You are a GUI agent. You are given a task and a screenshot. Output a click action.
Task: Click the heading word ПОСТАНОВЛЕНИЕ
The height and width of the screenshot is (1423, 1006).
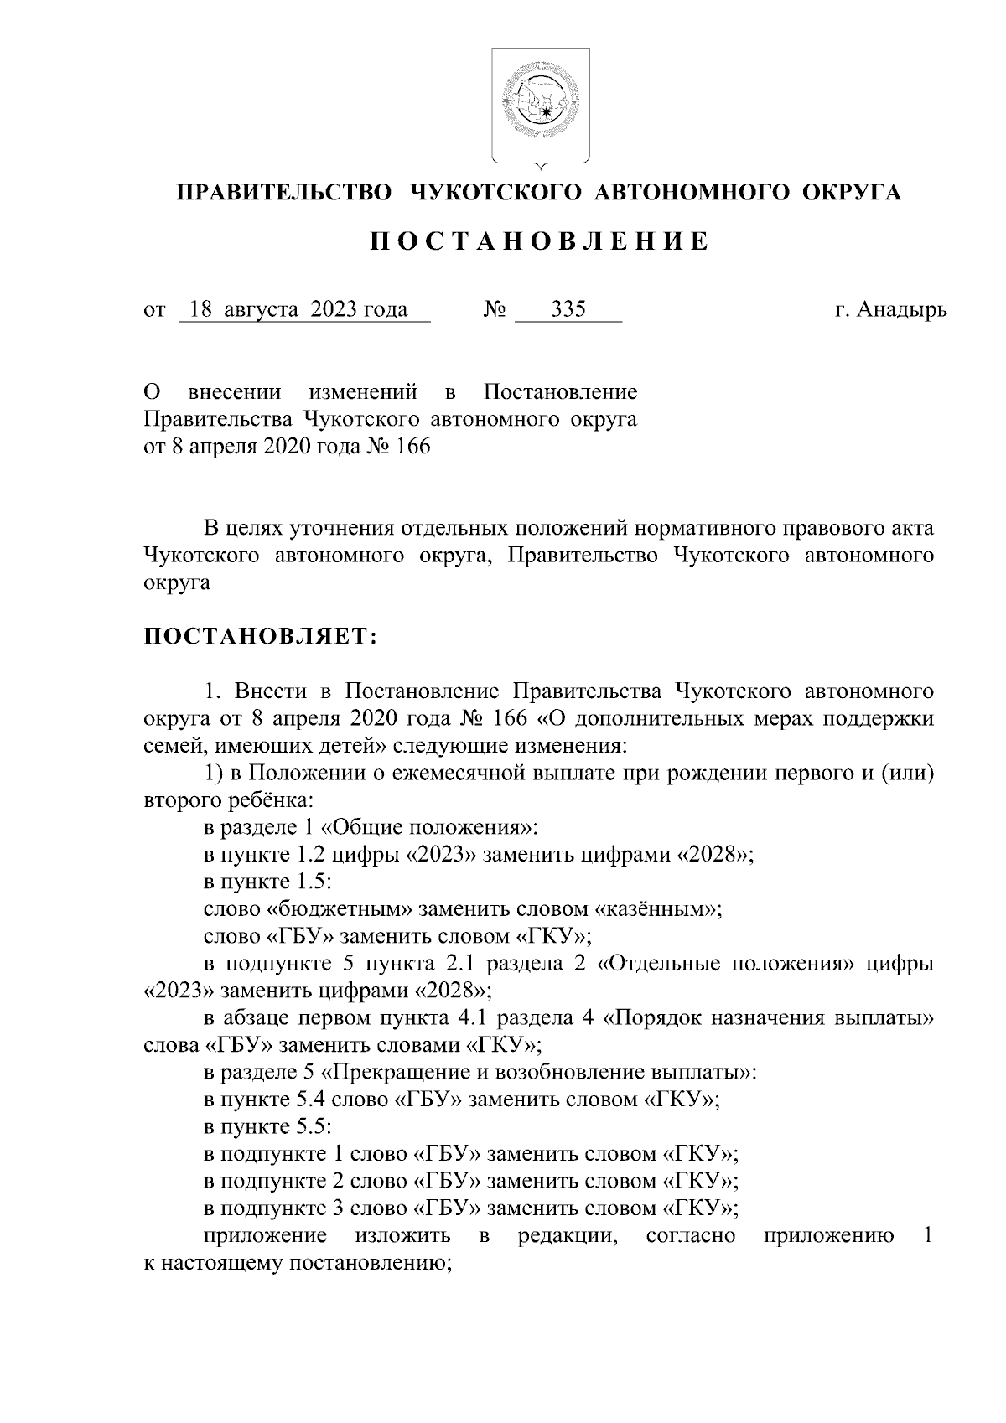point(540,242)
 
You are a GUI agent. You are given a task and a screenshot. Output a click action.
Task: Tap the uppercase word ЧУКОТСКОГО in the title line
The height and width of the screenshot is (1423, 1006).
point(494,193)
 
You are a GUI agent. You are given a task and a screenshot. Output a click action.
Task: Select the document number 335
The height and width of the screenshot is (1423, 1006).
point(568,310)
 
